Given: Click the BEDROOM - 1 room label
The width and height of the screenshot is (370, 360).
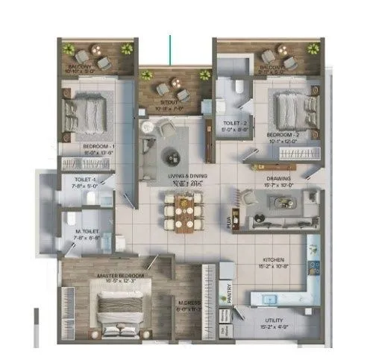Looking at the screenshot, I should click(x=96, y=145).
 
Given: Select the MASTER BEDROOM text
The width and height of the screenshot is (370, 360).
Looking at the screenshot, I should click(x=120, y=275).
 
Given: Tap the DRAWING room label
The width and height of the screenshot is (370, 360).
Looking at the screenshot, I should click(x=277, y=179).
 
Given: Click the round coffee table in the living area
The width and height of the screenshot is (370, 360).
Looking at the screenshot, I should click(x=172, y=156).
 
